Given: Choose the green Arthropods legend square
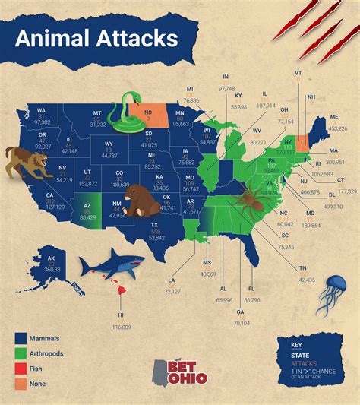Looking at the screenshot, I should click(21, 353).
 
